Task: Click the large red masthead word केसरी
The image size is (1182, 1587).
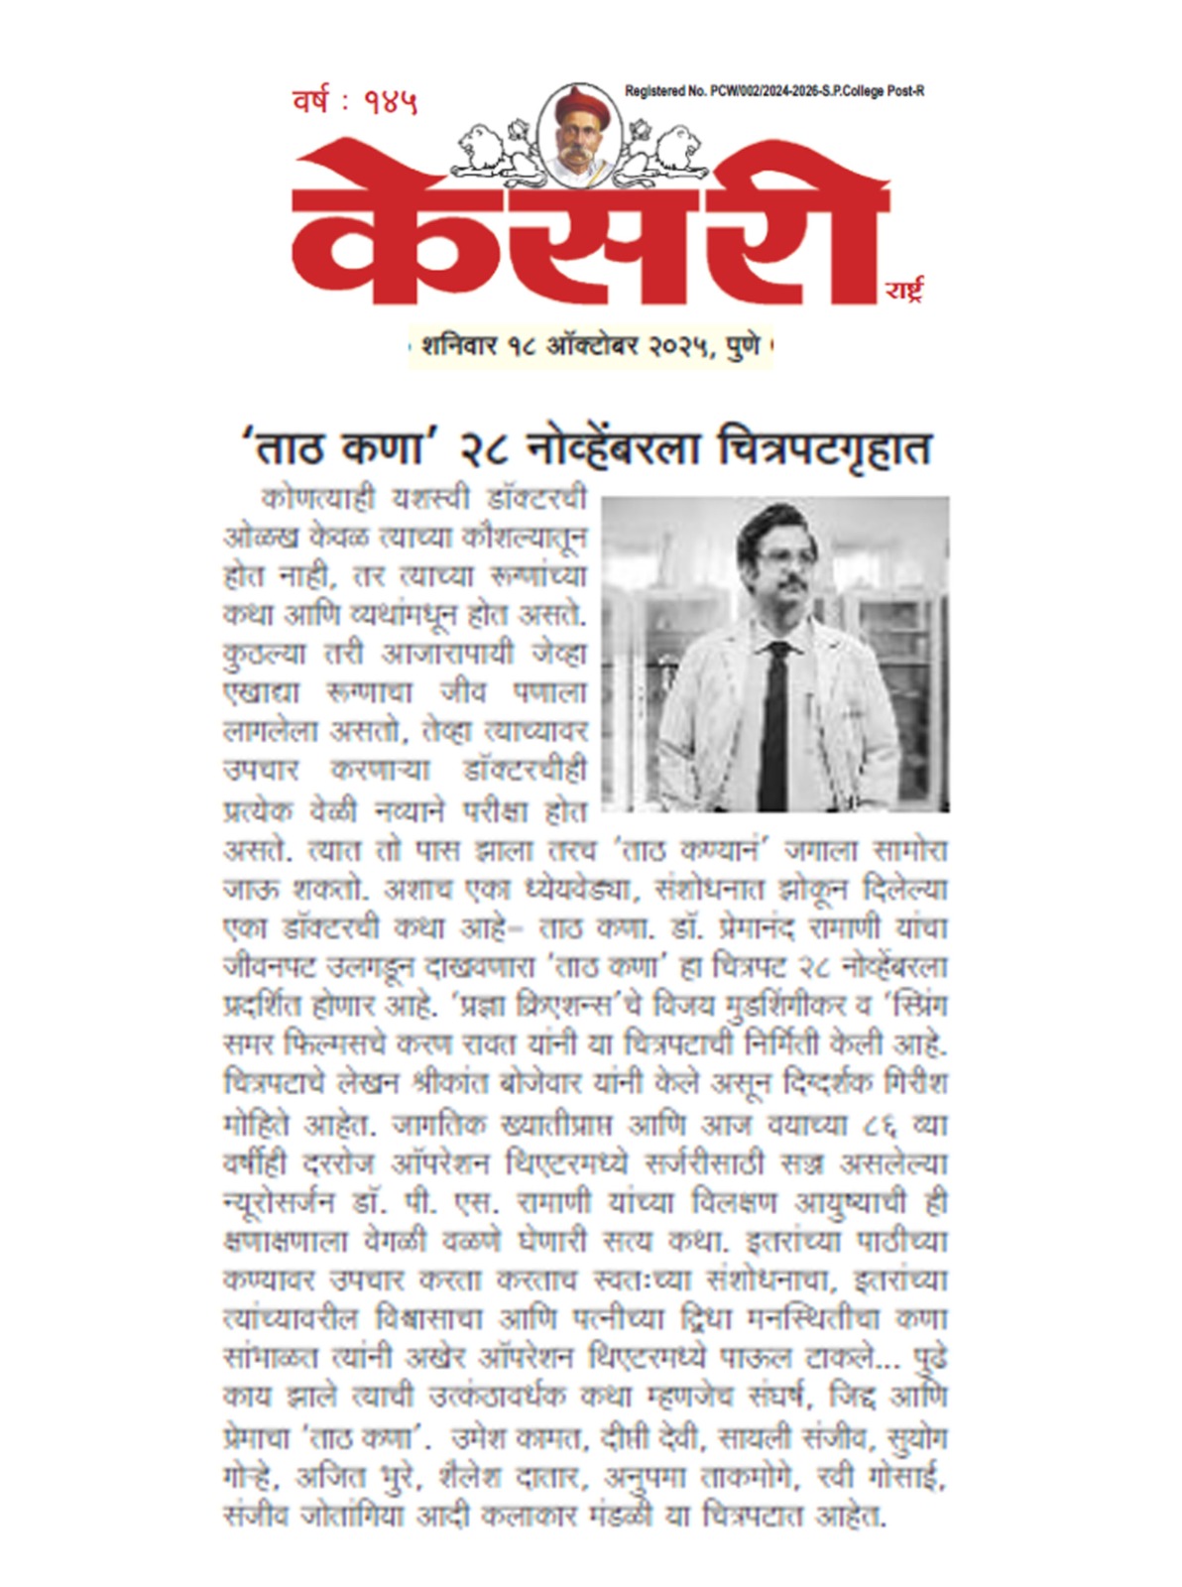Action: click(x=589, y=228)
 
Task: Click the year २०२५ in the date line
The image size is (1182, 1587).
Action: click(x=678, y=346)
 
